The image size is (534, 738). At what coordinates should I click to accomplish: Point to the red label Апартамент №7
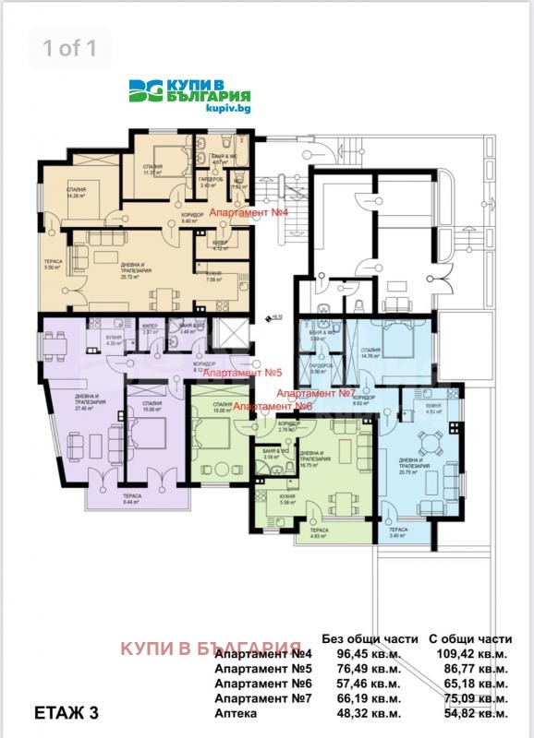pyautogui.click(x=317, y=392)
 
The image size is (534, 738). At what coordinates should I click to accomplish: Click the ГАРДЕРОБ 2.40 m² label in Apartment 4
pyautogui.click(x=210, y=183)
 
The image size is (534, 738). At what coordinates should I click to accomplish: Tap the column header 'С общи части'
pyautogui.click(x=469, y=637)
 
